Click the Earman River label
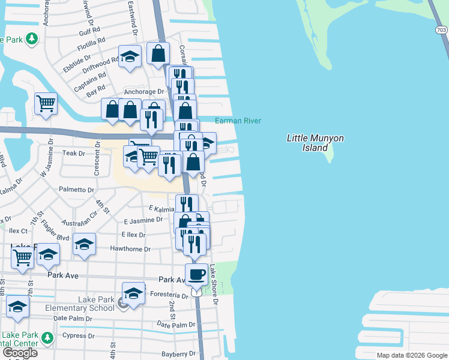pos(238,121)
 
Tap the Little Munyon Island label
pos(315,143)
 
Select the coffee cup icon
pos(196,275)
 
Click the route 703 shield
pos(441,29)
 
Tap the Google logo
pos(20,353)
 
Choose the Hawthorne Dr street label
pos(130,249)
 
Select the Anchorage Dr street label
pos(144,92)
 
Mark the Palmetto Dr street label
pos(76,190)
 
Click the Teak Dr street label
pos(74,154)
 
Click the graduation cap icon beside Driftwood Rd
pos(130,57)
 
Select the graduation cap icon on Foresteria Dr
pos(134,294)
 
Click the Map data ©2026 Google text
pos(411,355)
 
